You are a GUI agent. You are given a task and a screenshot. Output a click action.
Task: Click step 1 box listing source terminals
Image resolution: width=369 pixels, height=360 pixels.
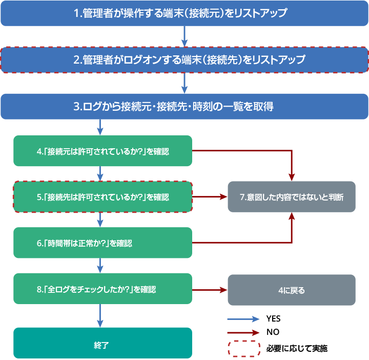pos(184,14)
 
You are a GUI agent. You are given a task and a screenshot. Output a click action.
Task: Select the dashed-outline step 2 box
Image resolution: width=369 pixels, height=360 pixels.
pos(184,60)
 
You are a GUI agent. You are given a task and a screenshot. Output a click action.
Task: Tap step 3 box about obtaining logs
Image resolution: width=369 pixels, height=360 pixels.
pos(184,107)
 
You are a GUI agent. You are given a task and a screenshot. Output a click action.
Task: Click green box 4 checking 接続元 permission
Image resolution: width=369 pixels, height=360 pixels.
pos(102,151)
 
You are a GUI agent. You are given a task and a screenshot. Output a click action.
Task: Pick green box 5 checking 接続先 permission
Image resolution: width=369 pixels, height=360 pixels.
pos(102,197)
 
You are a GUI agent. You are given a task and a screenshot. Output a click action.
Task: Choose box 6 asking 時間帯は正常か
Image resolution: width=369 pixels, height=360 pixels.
pos(102,243)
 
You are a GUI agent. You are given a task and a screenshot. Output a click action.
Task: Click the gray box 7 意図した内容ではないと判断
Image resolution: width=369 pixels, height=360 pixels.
pos(291,197)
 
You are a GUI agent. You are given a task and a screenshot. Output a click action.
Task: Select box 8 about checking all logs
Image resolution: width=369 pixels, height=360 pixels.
pos(102,289)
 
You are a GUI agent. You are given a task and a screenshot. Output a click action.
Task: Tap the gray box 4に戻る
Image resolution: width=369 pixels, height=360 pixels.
pos(291,290)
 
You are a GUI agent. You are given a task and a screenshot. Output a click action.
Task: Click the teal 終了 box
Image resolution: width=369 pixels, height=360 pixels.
pos(102,343)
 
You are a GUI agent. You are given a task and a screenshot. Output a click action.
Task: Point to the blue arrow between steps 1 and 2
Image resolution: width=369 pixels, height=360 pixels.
pos(184,36)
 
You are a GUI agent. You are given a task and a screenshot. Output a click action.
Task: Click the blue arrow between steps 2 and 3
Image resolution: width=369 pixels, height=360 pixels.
pos(184,83)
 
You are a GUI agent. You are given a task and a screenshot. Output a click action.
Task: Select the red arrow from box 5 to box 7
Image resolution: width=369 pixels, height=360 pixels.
pos(210,197)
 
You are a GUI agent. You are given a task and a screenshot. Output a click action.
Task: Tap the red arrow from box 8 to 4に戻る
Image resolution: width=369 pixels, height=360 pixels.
pos(210,290)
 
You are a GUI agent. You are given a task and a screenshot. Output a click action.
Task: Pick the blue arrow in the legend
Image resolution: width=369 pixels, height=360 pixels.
pos(243,319)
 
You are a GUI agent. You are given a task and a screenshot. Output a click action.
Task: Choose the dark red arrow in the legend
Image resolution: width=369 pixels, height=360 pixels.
pos(243,332)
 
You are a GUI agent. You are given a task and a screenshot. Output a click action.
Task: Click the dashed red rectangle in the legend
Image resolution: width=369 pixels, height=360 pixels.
pos(244,349)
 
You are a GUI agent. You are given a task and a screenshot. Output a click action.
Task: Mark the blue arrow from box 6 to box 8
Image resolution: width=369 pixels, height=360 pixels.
pos(100,266)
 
